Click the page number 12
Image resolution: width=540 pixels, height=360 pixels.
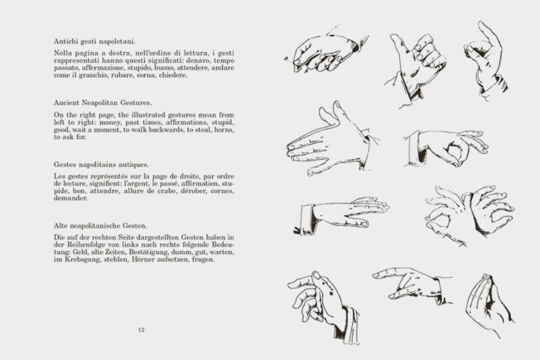tap(141, 330)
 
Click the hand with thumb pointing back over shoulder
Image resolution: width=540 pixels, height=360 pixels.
tap(414, 62)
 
